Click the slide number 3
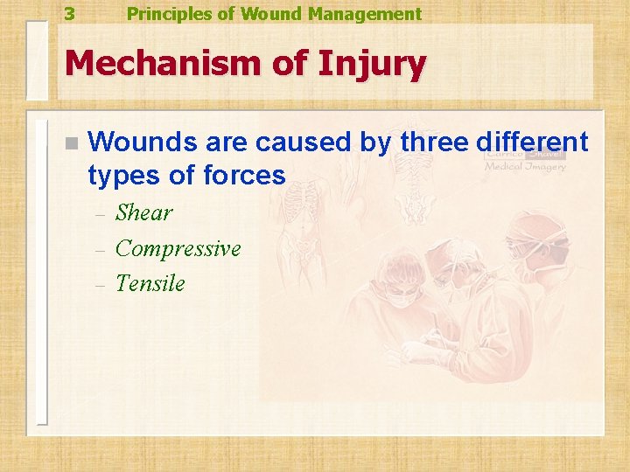(x=69, y=14)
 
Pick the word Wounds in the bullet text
(x=133, y=142)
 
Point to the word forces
(x=244, y=176)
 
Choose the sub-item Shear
(x=144, y=212)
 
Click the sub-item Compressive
(x=178, y=249)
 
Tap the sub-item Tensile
(x=150, y=283)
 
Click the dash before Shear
(x=100, y=214)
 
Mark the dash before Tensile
(x=100, y=285)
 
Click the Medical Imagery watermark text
(x=525, y=166)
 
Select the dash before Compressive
(x=100, y=250)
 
